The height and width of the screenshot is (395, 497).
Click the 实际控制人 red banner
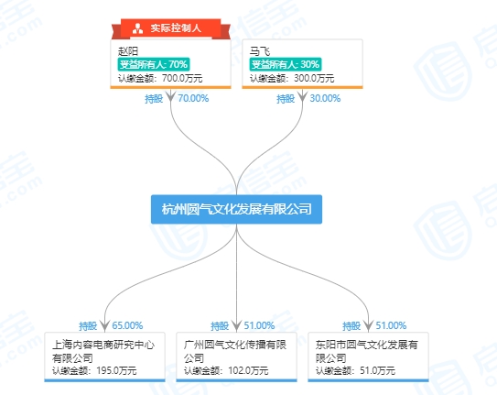pos(171,28)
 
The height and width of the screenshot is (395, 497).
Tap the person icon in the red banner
pos(137,28)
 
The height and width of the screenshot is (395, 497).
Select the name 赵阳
pos(128,51)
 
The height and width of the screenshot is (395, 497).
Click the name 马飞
pos(260,51)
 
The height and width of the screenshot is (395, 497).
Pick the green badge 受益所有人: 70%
pos(154,64)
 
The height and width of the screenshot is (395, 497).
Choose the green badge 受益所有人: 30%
pos(286,64)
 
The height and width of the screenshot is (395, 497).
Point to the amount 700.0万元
pos(182,78)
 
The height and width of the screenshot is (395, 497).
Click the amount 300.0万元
pos(314,78)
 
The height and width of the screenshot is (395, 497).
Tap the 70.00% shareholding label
pos(193,98)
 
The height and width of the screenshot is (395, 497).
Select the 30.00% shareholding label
pos(325,98)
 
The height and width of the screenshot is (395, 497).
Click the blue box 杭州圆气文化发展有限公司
pos(236,209)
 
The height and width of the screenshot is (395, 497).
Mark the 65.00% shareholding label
pos(127,325)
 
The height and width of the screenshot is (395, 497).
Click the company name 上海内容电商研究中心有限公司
pos(103,351)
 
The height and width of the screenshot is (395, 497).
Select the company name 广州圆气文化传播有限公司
pos(235,351)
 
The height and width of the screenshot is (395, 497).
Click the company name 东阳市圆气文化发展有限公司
pos(367,351)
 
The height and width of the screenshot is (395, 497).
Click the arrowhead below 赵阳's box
pos(171,95)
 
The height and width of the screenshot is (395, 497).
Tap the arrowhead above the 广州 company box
pos(236,325)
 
